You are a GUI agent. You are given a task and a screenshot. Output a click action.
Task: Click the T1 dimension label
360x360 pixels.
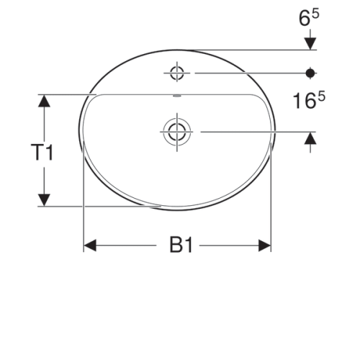tap(43, 152)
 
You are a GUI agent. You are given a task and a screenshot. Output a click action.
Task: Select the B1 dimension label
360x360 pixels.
tap(181, 246)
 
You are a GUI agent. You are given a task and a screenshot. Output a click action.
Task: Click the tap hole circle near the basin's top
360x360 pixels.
tap(176, 72)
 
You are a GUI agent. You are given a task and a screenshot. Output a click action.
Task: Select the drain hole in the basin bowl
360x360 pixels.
tap(176, 131)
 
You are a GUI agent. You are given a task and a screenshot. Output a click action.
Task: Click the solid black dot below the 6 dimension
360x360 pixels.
tap(310, 72)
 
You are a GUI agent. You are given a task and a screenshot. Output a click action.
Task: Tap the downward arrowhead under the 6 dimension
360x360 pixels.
tap(310, 43)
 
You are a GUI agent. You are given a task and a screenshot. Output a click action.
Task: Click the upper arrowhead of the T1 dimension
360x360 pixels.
tap(45, 102)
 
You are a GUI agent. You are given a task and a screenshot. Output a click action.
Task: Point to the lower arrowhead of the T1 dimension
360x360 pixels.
tap(45, 199)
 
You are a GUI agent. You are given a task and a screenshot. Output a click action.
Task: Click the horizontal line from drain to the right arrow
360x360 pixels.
tap(252, 131)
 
